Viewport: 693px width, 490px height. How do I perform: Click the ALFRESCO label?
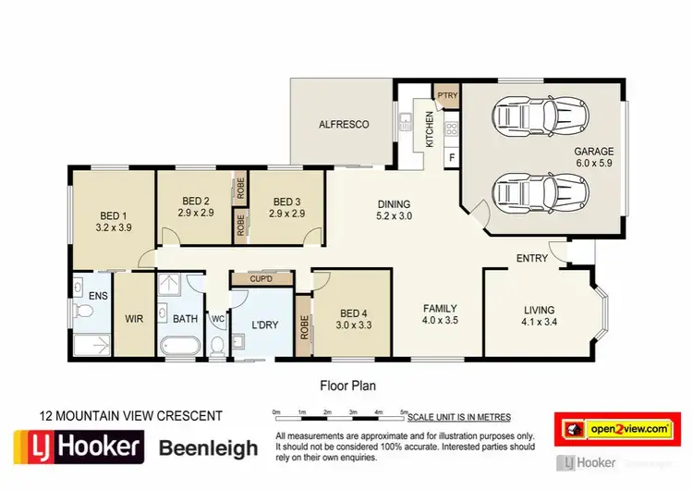344,124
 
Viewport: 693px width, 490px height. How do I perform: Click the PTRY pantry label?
447,94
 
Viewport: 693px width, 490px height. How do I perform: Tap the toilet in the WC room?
218,346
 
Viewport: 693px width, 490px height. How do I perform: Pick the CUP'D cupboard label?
261,277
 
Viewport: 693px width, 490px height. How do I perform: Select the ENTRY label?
532,260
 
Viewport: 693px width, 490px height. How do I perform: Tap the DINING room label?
394,205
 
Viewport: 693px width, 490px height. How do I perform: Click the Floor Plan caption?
348,385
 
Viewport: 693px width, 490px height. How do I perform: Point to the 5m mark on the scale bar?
403,410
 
